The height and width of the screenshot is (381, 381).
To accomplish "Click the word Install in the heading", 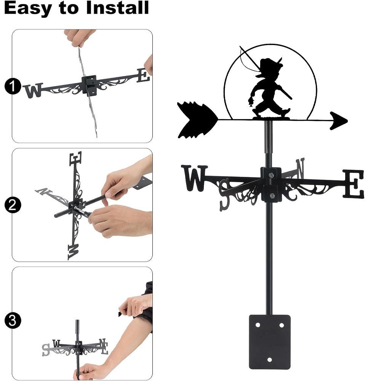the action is [x=117, y=8].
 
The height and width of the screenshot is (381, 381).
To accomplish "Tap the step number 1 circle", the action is [x=13, y=86].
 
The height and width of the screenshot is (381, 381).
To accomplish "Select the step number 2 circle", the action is [x=13, y=205].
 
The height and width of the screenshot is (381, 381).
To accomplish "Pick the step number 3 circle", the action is [x=13, y=320].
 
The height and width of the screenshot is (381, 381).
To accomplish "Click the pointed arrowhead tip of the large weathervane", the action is [x=347, y=120].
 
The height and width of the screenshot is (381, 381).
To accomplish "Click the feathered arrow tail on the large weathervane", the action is [x=197, y=120].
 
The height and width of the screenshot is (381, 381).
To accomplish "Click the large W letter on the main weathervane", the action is [x=194, y=178].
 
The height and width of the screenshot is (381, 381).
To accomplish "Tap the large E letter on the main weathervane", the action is [x=354, y=184].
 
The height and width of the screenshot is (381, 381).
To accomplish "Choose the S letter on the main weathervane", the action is [x=224, y=195].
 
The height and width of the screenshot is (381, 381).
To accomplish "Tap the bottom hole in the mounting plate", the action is [x=269, y=360].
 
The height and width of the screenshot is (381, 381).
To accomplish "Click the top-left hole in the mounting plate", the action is [x=258, y=325].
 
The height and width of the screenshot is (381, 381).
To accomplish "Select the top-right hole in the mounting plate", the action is [x=282, y=325].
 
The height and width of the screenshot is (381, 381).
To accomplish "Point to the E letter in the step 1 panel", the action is [x=143, y=75].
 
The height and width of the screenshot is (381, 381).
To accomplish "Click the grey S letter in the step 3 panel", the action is [x=46, y=350].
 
